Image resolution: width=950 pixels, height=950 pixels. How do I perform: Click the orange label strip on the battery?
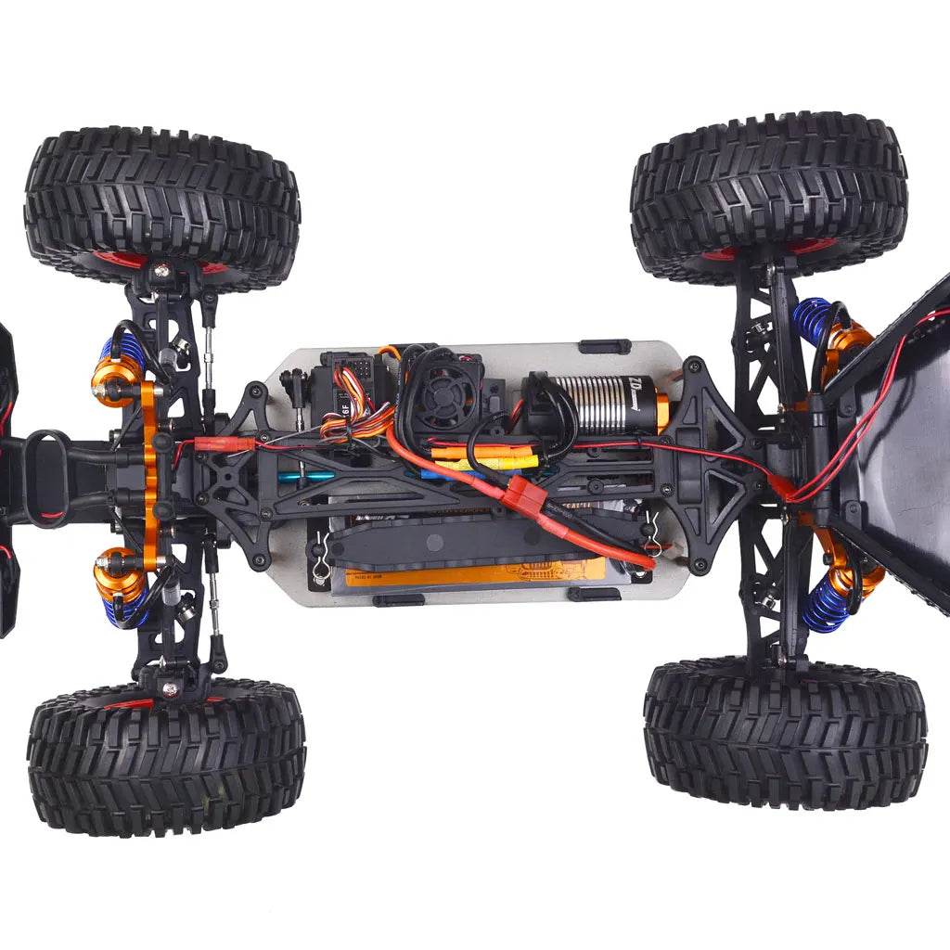point(473,571)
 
